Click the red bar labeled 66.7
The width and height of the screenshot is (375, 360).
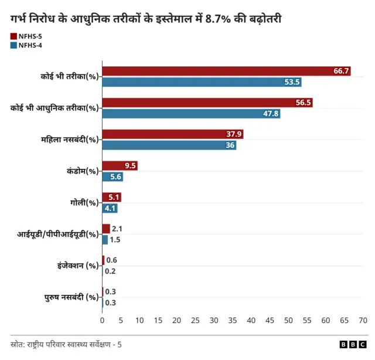pos(226,71)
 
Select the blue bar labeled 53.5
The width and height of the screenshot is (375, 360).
pos(202,82)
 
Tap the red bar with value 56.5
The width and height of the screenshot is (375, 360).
pos(207,103)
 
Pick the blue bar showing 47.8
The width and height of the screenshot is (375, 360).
pos(191,114)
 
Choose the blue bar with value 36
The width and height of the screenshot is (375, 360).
pos(169,145)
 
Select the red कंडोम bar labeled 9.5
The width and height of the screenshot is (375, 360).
pos(120,166)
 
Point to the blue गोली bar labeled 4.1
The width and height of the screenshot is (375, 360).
pos(110,208)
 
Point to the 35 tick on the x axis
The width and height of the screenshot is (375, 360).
pos(233,321)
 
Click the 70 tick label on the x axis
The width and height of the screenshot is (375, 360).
pos(363,321)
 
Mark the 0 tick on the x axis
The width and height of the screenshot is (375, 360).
pos(103,321)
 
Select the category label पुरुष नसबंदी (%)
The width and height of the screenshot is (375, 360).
pos(71,297)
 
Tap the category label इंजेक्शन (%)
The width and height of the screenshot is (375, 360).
pos(74,266)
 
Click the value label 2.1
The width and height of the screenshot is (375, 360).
pos(117,229)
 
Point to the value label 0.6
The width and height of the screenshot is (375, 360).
pos(111,260)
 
